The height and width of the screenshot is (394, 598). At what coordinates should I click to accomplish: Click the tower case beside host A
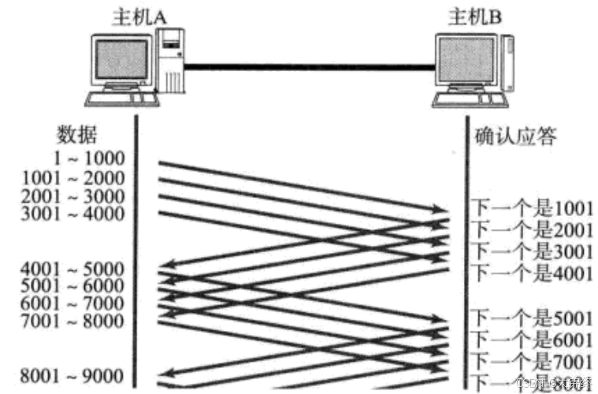(173, 63)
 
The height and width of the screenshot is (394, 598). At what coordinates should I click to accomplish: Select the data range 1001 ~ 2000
(74, 179)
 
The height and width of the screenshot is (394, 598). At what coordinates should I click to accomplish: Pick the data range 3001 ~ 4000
(74, 214)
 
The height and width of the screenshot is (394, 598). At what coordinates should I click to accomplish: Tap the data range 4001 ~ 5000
(74, 267)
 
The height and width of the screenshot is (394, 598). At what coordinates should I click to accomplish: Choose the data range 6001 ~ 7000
(74, 303)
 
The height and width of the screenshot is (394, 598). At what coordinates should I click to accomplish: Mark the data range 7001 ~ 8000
(74, 321)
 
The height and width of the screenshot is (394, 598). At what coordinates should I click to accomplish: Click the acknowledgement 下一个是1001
(531, 210)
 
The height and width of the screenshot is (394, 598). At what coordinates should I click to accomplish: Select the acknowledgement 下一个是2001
(531, 230)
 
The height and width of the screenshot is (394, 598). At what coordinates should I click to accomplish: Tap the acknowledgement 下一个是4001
(531, 273)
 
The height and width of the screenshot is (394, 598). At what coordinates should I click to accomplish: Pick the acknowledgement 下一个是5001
(531, 318)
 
